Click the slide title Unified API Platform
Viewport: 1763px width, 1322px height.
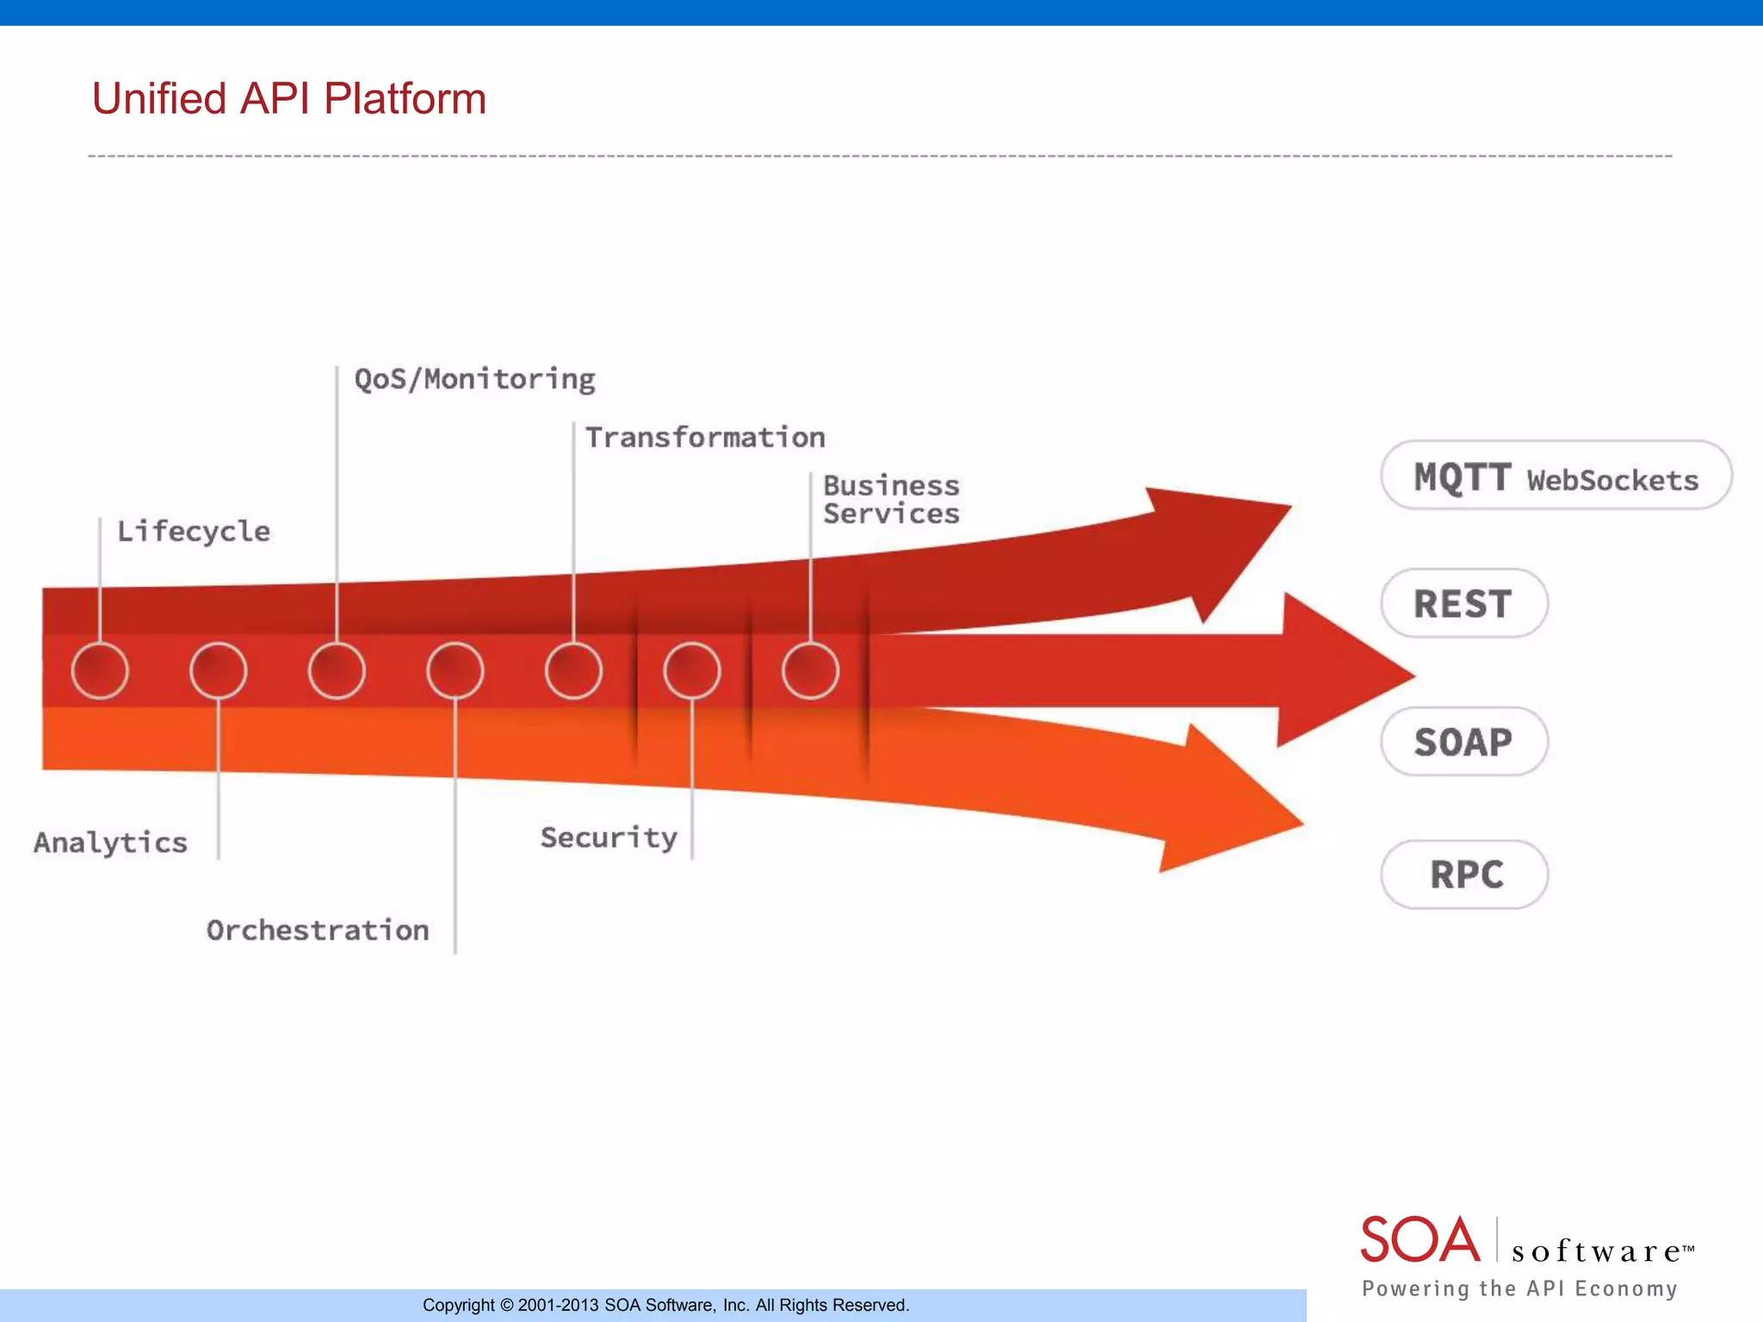click(x=288, y=98)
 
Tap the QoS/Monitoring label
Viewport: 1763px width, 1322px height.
click(x=474, y=379)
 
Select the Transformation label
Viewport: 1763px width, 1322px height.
click(x=705, y=437)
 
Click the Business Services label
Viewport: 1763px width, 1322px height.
click(x=891, y=499)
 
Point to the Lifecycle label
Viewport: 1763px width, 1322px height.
click(x=193, y=531)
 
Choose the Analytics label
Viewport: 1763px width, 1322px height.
click(x=110, y=842)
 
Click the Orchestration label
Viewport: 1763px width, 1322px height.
click(x=317, y=930)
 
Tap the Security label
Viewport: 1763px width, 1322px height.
click(x=609, y=837)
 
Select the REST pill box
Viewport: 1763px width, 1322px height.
click(x=1463, y=603)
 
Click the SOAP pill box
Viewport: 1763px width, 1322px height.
click(x=1463, y=742)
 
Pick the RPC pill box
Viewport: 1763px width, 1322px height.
click(x=1465, y=874)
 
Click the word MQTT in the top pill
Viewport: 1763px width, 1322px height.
click(x=1462, y=477)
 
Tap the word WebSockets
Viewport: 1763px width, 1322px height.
click(x=1612, y=480)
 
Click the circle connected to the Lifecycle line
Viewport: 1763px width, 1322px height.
click(x=100, y=670)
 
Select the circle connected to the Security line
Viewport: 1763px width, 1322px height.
click(x=692, y=670)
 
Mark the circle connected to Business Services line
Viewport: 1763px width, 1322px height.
click(x=810, y=670)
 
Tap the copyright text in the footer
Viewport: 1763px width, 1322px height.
click(x=665, y=1305)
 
